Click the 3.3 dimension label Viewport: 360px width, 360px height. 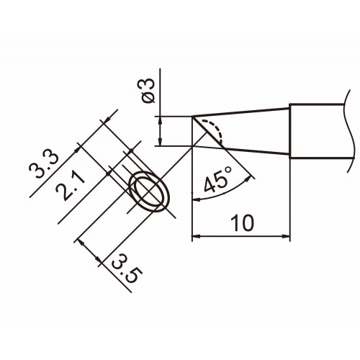coord(44,165)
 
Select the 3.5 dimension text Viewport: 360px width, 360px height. coord(127,269)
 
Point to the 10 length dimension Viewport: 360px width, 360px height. coord(242,223)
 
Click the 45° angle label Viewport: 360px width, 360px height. coord(218,180)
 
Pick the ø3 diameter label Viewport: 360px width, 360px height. coord(148,91)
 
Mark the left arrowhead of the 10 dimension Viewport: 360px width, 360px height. coord(197,236)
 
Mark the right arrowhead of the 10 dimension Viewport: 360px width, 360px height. coord(286,236)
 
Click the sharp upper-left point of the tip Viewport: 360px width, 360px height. coord(192,117)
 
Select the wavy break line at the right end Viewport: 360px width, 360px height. coord(350,131)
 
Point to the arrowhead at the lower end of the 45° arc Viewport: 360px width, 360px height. coord(197,199)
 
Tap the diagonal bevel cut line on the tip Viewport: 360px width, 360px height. coord(207,132)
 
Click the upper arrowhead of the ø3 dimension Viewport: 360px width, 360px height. coord(160,121)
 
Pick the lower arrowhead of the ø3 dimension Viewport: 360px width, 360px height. coord(160,141)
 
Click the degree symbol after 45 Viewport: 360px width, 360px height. coord(228,170)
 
